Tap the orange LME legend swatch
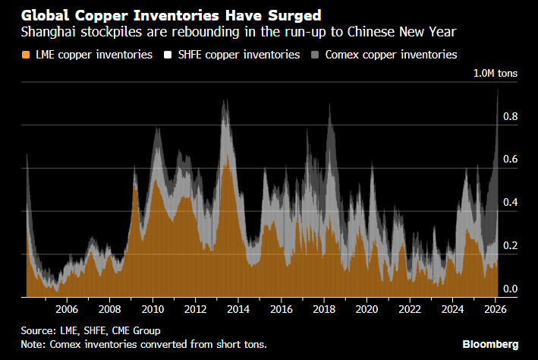tap(27, 55)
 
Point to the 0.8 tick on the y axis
tap(511, 117)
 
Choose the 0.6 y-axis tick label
tap(511, 159)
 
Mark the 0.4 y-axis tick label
tap(511, 203)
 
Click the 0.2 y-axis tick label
tap(511, 246)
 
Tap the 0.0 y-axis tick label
tap(511, 289)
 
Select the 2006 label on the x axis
tap(67, 310)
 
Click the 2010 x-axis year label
tap(153, 310)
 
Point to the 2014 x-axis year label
tap(238, 310)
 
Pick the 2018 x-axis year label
tap(324, 310)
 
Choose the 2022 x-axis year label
tap(410, 310)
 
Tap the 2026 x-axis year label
tap(495, 310)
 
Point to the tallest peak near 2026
tap(497, 90)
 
